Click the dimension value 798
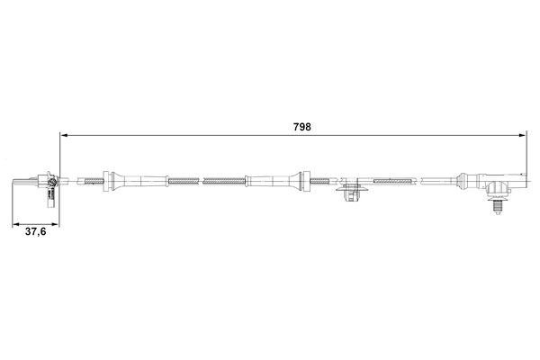(301, 127)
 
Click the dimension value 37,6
(35, 231)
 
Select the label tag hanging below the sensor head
(53, 192)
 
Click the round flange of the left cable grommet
(108, 181)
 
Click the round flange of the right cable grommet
(304, 181)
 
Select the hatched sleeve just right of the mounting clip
(387, 182)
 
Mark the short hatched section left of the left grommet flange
(94, 181)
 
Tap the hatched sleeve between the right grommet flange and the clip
(320, 181)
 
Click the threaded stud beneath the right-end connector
(496, 204)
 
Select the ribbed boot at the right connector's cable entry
(471, 182)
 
